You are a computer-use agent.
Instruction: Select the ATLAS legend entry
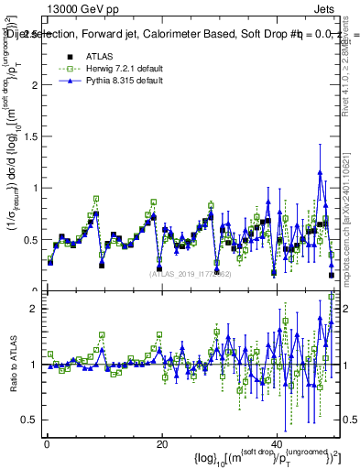point(99,56)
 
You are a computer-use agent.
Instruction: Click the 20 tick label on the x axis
point(162,444)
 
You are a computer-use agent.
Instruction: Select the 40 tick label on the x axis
point(277,444)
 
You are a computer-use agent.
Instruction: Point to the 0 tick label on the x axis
point(47,444)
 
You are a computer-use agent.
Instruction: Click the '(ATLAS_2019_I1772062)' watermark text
point(191,274)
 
